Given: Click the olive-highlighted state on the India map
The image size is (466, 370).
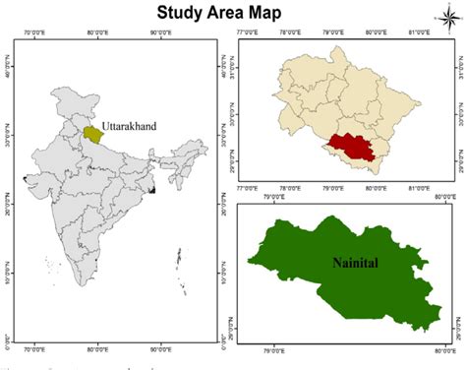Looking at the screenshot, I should pos(91,132).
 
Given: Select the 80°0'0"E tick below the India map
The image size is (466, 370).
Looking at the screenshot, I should pos(101,347).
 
